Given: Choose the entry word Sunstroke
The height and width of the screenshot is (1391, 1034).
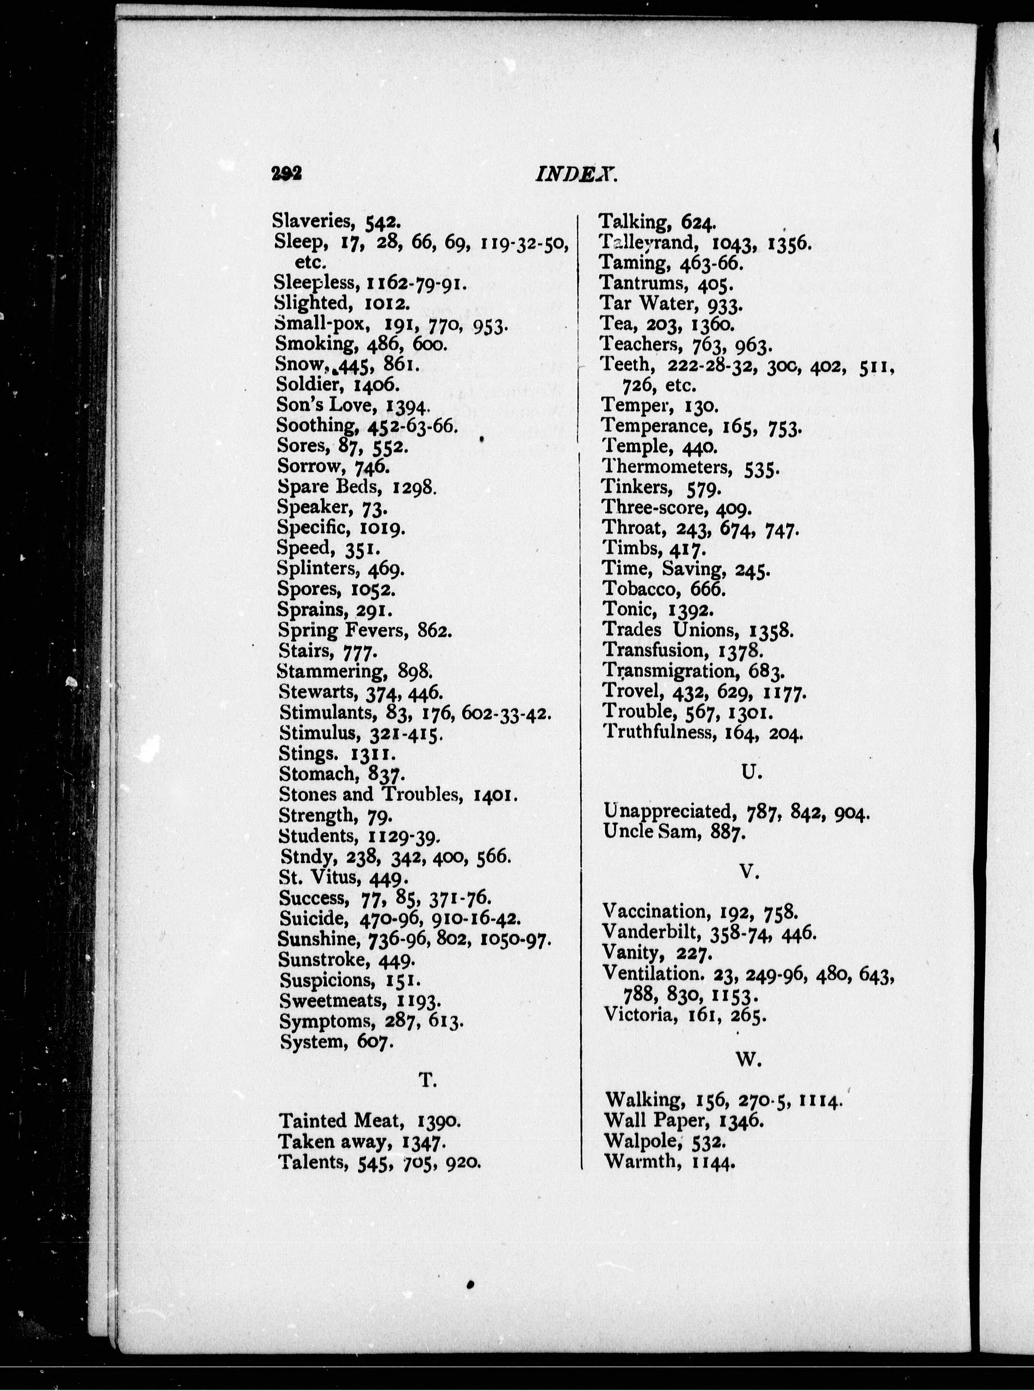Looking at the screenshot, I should point(322,959).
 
